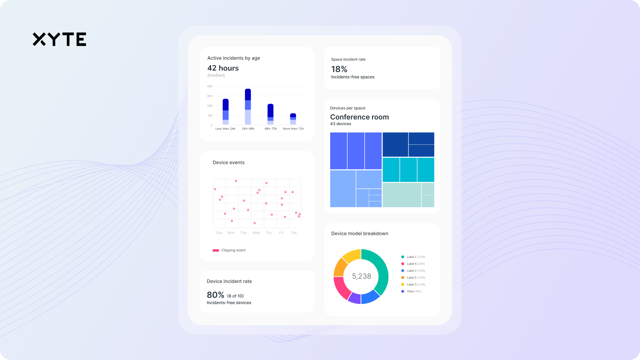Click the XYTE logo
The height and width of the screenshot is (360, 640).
(59, 39)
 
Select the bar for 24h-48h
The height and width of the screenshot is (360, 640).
(248, 107)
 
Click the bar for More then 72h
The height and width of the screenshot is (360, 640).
(293, 119)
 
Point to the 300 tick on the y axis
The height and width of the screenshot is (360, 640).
(210, 96)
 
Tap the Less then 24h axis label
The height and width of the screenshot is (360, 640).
(225, 129)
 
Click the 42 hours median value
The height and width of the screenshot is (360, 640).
(223, 68)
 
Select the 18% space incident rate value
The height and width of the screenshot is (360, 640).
(339, 69)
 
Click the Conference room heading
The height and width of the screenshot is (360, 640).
(359, 117)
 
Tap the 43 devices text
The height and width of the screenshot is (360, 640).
(340, 124)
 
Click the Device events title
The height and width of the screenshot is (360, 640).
(228, 163)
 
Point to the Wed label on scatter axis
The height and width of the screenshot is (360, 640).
(256, 233)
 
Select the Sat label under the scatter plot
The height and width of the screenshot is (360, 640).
(294, 233)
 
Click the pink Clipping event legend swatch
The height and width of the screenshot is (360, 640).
(216, 250)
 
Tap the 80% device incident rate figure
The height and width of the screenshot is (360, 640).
(215, 295)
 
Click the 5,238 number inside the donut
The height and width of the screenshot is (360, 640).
(361, 276)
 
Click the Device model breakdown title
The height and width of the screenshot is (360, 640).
(359, 234)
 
